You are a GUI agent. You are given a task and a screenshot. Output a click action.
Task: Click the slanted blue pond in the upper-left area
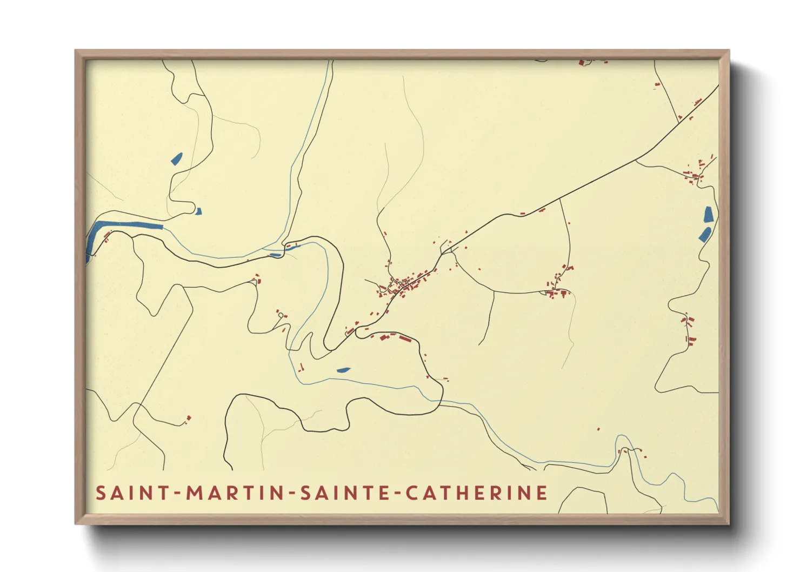(176, 159)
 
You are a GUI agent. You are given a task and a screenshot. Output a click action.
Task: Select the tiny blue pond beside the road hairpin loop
(198, 211)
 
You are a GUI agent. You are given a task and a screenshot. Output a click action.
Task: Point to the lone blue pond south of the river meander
(343, 370)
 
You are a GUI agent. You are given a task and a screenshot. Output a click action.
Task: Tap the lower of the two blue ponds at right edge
(705, 235)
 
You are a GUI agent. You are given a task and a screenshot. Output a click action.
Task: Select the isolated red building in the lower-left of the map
(189, 418)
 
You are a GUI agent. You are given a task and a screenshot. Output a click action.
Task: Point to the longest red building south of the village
(405, 339)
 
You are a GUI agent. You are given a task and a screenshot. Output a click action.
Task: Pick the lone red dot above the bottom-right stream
(598, 429)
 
